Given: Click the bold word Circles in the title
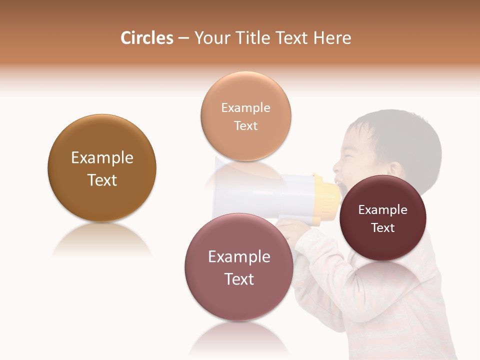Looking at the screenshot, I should (147, 38).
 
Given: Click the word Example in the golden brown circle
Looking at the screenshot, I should (102, 158).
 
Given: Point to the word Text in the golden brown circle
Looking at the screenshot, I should (102, 180).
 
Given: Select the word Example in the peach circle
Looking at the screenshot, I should (245, 108).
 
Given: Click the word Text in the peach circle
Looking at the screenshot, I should (245, 125).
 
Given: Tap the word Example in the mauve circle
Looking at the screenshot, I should (239, 257).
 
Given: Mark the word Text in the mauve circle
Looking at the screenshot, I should (239, 279).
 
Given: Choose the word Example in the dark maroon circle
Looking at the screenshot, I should (382, 210).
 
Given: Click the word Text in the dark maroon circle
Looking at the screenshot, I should (382, 228).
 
